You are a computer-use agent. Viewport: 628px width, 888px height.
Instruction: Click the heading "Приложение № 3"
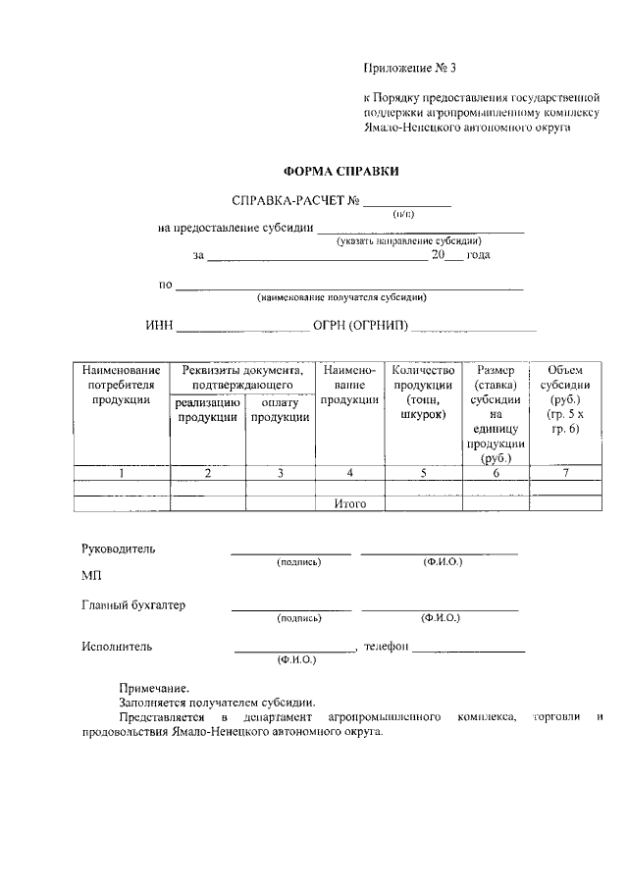click(410, 69)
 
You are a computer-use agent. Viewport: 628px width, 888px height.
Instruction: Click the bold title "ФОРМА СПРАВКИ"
click(340, 171)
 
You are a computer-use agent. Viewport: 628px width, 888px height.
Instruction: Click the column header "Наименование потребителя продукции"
click(122, 385)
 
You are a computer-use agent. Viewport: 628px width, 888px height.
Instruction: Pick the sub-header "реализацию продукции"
click(208, 410)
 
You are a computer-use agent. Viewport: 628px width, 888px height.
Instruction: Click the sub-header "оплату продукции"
click(281, 410)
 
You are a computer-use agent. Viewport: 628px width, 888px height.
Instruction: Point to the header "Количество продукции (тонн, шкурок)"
click(424, 392)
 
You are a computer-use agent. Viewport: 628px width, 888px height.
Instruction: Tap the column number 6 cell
click(497, 473)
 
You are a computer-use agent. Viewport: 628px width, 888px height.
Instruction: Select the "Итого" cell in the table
click(350, 503)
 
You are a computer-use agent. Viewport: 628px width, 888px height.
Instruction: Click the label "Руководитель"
click(118, 548)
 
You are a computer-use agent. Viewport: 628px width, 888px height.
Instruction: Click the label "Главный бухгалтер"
click(133, 604)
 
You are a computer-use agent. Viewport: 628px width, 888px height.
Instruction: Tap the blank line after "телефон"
click(468, 649)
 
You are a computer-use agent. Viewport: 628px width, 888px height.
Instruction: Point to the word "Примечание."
click(154, 688)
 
